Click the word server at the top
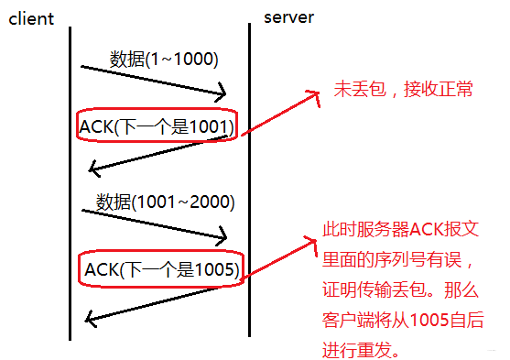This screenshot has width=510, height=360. pyautogui.click(x=290, y=17)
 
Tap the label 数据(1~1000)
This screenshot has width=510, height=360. pyautogui.click(x=163, y=60)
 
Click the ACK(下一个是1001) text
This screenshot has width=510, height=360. pyautogui.click(x=157, y=125)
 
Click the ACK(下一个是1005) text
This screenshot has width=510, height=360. pyautogui.click(x=162, y=269)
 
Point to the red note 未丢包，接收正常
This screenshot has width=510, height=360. pyautogui.click(x=403, y=92)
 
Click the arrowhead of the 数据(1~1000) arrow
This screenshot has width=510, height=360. pyautogui.click(x=222, y=93)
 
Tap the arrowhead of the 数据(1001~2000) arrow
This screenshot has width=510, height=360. pyautogui.click(x=222, y=238)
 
